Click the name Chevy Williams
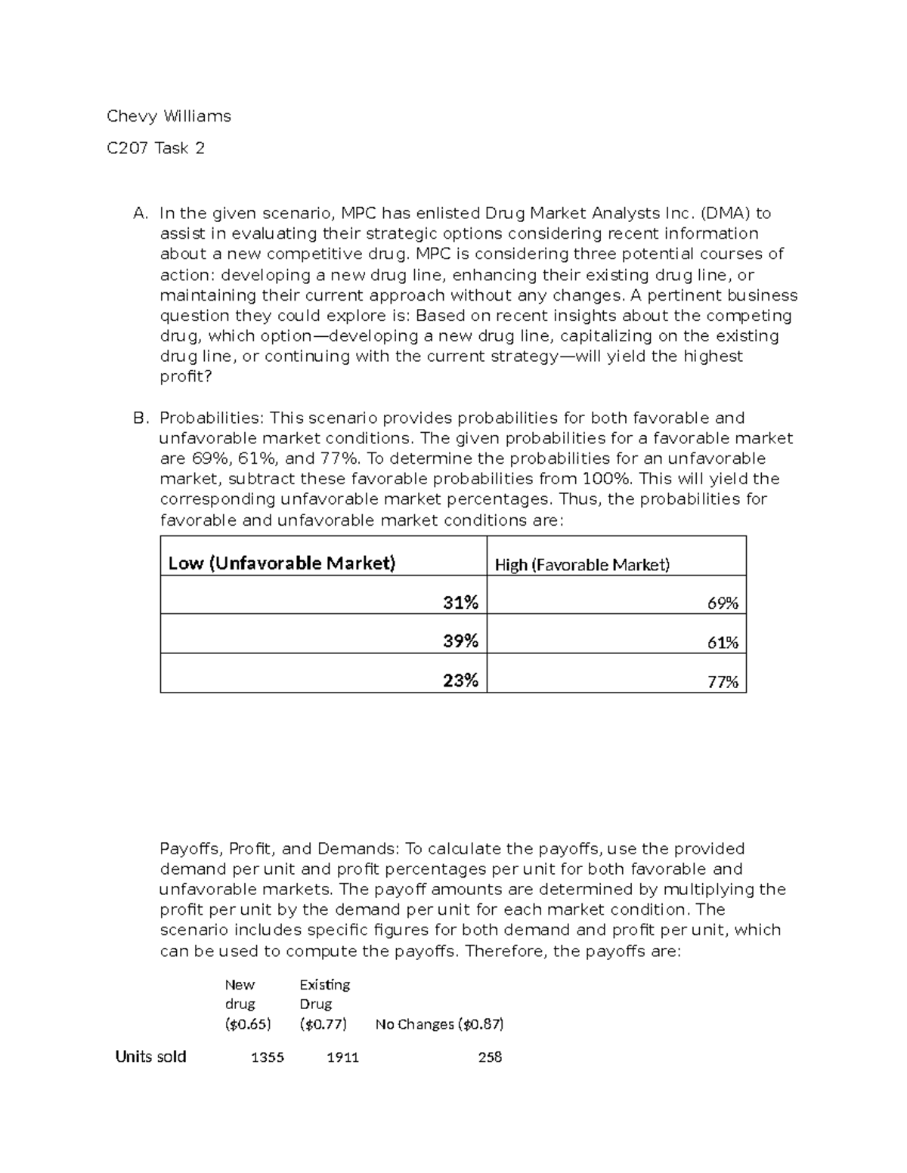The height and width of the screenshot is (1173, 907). [x=169, y=116]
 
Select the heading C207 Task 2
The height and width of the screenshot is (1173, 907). [x=156, y=148]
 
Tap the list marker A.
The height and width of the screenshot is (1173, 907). [x=140, y=214]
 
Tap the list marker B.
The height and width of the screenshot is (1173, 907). [x=140, y=418]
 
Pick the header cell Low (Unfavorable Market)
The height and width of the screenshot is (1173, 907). [x=281, y=563]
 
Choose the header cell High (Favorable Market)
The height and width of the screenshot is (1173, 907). [x=582, y=565]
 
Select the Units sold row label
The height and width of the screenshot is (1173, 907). [x=150, y=1057]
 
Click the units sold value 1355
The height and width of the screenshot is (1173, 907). [x=268, y=1057]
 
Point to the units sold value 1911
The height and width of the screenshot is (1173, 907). [x=342, y=1057]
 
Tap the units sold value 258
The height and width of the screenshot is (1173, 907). [x=490, y=1057]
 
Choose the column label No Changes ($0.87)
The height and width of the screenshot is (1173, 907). [x=439, y=1024]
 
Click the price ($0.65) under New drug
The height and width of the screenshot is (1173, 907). [x=248, y=1024]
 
